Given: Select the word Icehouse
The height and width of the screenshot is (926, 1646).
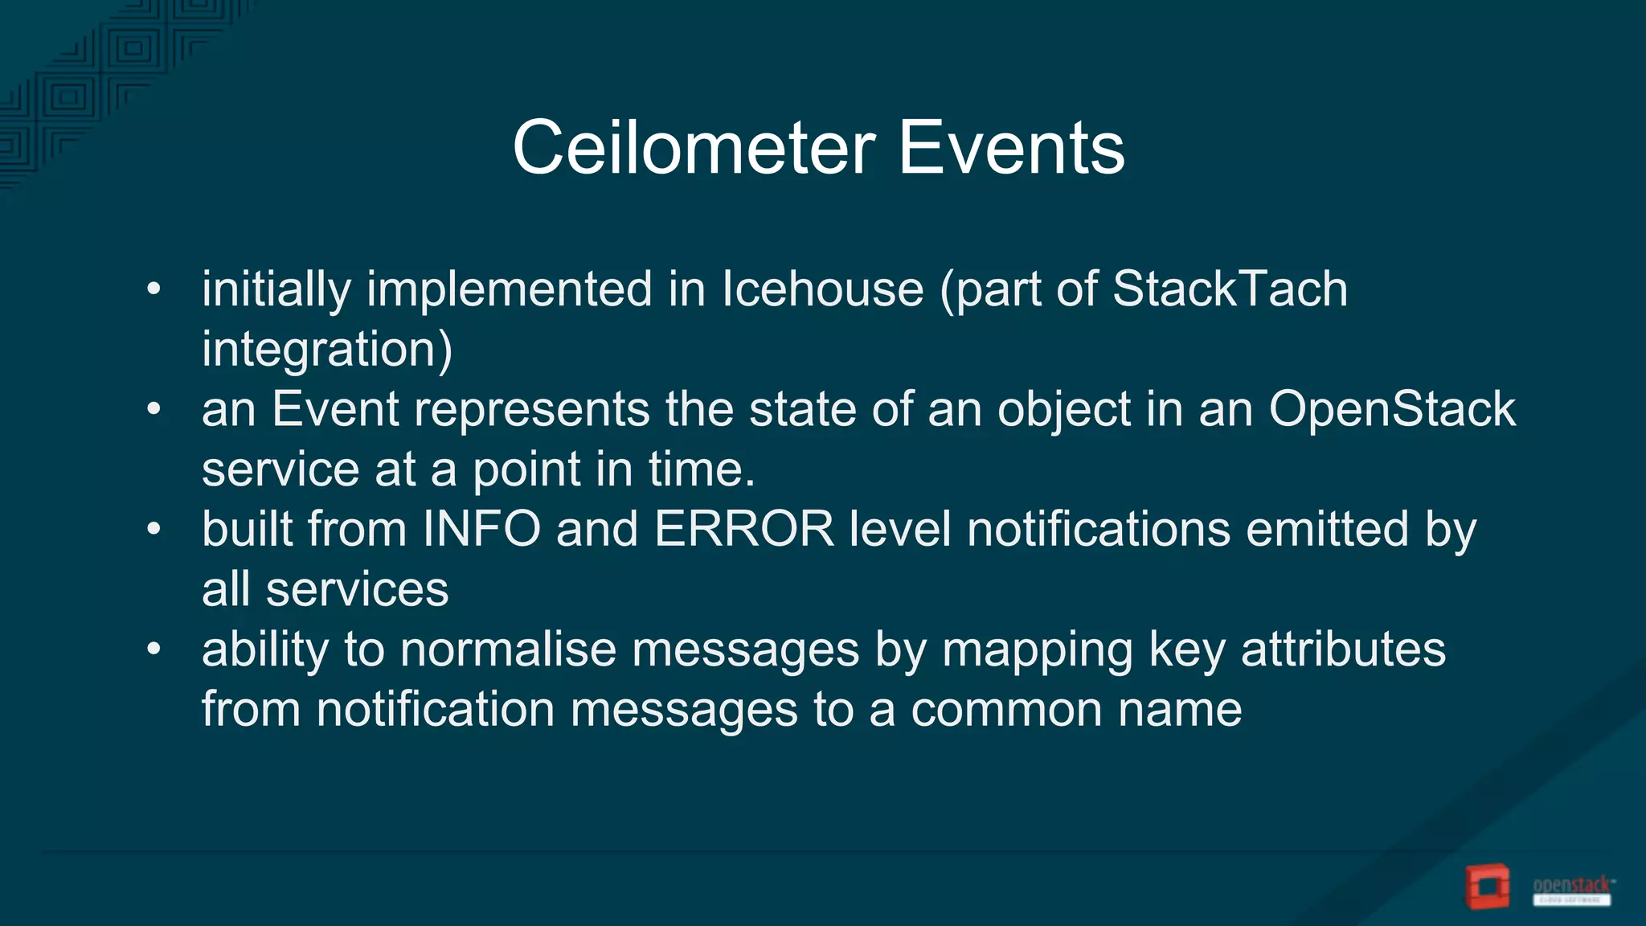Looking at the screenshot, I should click(x=822, y=289).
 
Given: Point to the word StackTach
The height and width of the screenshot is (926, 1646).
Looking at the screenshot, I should click(x=1230, y=289).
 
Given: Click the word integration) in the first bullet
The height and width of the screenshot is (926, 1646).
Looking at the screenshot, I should click(x=327, y=350).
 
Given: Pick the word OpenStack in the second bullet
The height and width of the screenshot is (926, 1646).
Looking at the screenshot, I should click(x=1392, y=409).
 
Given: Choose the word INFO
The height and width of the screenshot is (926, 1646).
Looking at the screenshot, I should click(x=481, y=529).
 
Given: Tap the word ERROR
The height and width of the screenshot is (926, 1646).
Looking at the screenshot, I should click(x=744, y=529).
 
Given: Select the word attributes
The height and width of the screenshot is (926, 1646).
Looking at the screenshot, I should click(x=1343, y=649).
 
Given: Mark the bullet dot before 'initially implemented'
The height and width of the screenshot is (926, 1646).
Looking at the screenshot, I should click(x=154, y=289).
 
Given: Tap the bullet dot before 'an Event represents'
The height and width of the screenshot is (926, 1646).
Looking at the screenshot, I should click(x=154, y=410).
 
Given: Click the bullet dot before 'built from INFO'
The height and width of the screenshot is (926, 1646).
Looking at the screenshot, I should click(x=154, y=530).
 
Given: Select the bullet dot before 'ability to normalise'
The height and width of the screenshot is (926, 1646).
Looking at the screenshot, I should click(x=154, y=649).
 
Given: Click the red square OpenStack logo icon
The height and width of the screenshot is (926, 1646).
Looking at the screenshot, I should click(x=1487, y=887).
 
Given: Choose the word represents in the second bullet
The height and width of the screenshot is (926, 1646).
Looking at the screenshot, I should click(x=531, y=409).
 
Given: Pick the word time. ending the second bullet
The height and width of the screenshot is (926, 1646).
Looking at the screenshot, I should click(x=702, y=469).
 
